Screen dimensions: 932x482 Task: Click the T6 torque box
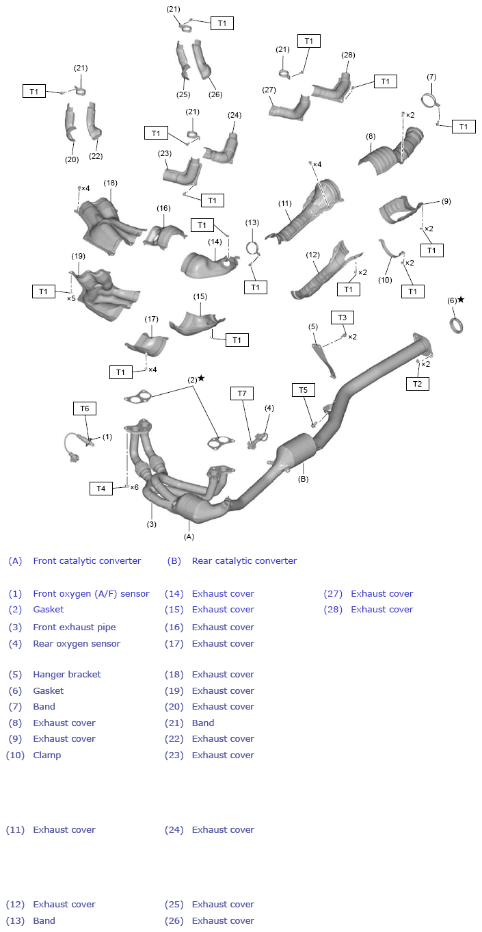click(85, 409)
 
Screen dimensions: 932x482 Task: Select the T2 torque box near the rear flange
click(417, 384)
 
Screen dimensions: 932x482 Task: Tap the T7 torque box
click(241, 393)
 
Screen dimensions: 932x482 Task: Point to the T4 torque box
click(101, 489)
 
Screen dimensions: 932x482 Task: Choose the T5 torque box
click(304, 390)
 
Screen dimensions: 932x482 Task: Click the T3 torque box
click(343, 318)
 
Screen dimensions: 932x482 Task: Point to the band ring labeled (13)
click(252, 248)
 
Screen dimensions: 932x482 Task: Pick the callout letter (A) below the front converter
click(189, 537)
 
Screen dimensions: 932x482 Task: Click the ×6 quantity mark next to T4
click(134, 488)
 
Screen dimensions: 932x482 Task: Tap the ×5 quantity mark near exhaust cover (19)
click(71, 298)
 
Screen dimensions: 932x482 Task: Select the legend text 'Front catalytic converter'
click(87, 561)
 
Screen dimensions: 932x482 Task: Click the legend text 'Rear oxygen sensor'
click(77, 644)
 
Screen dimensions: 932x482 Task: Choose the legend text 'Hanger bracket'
click(67, 675)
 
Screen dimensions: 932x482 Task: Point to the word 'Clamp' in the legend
click(47, 755)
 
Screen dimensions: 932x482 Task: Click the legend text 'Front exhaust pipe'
click(75, 627)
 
